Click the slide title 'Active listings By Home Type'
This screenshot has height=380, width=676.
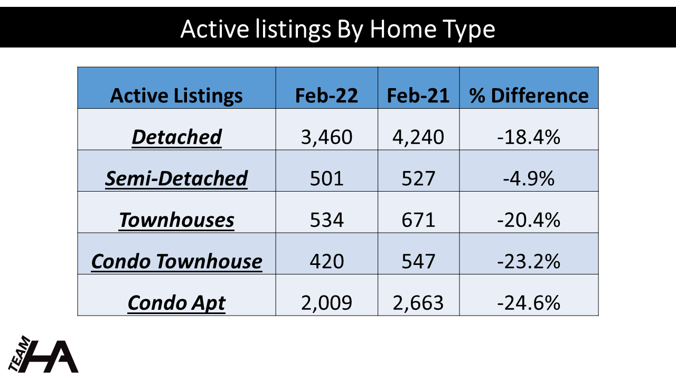tap(337, 29)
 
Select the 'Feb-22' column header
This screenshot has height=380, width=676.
tap(326, 96)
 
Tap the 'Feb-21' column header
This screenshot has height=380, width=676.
tap(418, 96)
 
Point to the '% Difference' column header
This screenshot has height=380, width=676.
tap(529, 96)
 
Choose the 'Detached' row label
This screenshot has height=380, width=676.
tap(177, 137)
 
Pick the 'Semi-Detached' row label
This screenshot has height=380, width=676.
tap(176, 178)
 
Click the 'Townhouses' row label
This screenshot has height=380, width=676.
tap(176, 220)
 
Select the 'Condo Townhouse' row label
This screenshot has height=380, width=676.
tap(176, 261)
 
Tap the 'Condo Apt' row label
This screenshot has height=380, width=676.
tap(176, 303)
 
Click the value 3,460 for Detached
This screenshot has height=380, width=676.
tap(326, 137)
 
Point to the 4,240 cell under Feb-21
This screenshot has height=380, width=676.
tap(418, 137)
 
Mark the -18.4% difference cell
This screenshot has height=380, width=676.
tap(529, 137)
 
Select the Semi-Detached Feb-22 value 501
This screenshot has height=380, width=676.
tap(326, 178)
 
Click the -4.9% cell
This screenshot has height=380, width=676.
tap(529, 178)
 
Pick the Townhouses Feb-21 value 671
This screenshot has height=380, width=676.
tap(418, 220)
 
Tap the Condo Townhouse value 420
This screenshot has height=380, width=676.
tap(326, 261)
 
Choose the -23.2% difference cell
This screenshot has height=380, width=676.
tap(529, 261)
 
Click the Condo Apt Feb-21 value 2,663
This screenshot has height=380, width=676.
tap(418, 303)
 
